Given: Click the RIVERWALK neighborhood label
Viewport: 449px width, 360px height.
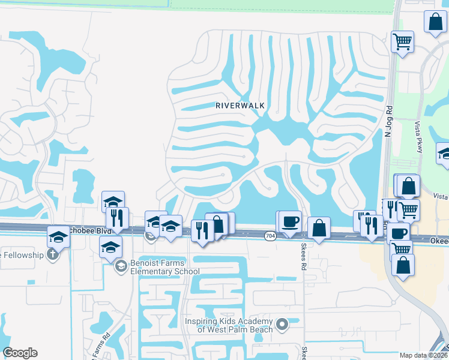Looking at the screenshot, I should tap(240, 105).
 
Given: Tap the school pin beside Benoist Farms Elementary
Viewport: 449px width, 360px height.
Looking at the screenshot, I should tap(120, 266).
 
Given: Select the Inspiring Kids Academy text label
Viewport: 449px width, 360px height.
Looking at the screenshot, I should tap(228, 325).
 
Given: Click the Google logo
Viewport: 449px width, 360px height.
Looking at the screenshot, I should tap(20, 353).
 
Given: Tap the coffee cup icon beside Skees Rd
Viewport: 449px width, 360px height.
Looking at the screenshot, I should tap(290, 221).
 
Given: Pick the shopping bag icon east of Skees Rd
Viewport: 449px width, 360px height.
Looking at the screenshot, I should tap(319, 228).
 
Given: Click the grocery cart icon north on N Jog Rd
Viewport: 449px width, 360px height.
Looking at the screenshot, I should tap(402, 42).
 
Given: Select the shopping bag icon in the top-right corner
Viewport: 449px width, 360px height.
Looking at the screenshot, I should tap(435, 22).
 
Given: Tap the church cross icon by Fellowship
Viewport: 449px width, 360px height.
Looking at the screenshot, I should tap(52, 254).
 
